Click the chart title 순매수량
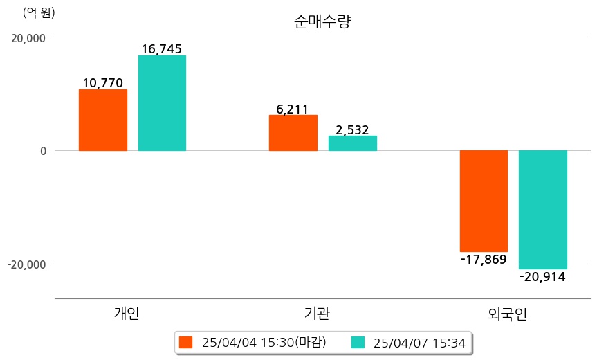pyautogui.click(x=323, y=21)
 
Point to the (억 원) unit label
pyautogui.click(x=39, y=12)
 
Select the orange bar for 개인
pyautogui.click(x=103, y=120)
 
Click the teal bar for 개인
pyautogui.click(x=162, y=103)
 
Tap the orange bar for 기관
pyautogui.click(x=293, y=133)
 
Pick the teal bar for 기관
pyautogui.click(x=352, y=143)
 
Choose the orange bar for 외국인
pyautogui.click(x=484, y=201)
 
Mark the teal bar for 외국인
pyautogui.click(x=543, y=209)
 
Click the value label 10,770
pyautogui.click(x=103, y=83)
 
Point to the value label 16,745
pyautogui.click(x=162, y=49)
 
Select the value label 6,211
pyautogui.click(x=293, y=109)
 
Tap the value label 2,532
pyautogui.click(x=352, y=129)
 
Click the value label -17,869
pyautogui.click(x=484, y=260)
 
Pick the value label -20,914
pyautogui.click(x=543, y=277)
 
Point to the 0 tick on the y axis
pyautogui.click(x=42, y=151)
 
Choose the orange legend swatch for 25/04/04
pyautogui.click(x=185, y=342)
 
